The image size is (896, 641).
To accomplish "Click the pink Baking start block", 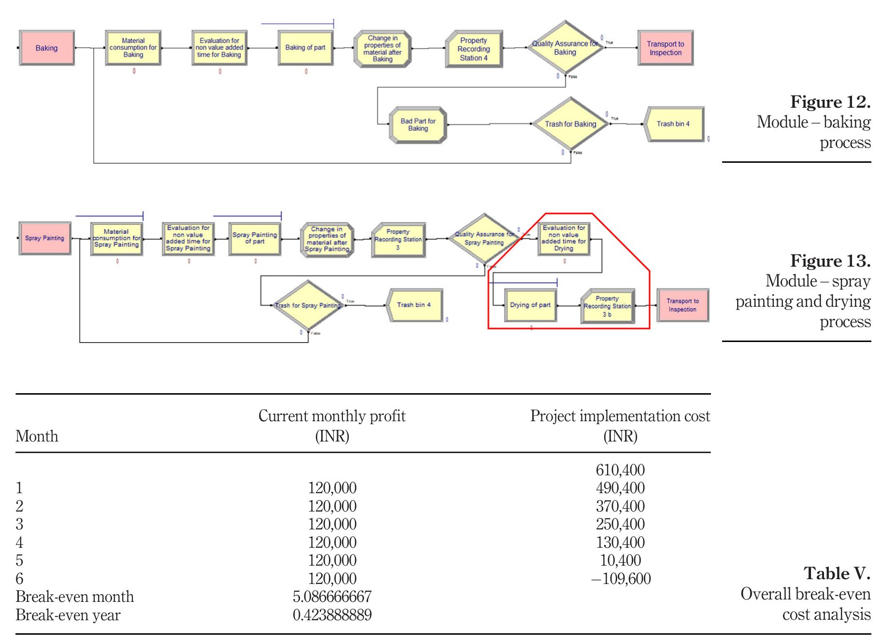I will pyautogui.click(x=46, y=48).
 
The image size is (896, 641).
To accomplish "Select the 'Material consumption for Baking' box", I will pyautogui.click(x=133, y=48).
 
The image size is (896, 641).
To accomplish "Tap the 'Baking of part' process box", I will pyautogui.click(x=305, y=48).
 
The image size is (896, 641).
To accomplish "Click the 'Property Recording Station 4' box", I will pyautogui.click(x=473, y=49).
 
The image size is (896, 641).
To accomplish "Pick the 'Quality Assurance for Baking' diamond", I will pyautogui.click(x=565, y=48).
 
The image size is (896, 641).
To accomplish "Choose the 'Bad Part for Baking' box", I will pyautogui.click(x=418, y=125).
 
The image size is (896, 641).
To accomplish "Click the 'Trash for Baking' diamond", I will pyautogui.click(x=570, y=124).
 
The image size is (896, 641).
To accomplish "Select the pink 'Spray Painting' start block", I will pyautogui.click(x=44, y=238).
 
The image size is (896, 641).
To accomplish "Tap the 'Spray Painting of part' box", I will pyautogui.click(x=255, y=238).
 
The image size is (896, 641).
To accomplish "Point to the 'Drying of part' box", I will pyautogui.click(x=530, y=305).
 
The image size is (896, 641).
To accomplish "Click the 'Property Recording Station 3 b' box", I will pyautogui.click(x=607, y=306).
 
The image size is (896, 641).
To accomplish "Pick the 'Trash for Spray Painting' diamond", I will pyautogui.click(x=308, y=305).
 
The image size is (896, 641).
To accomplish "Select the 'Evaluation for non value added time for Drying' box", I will pyautogui.click(x=564, y=238).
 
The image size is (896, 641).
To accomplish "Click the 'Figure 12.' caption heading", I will pyautogui.click(x=830, y=102).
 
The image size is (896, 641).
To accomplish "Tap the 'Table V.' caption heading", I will pyautogui.click(x=837, y=573).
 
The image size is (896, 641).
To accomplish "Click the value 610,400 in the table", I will pyautogui.click(x=620, y=470).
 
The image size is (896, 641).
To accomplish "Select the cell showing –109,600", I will pyautogui.click(x=621, y=578).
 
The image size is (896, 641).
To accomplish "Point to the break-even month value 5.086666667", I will pyautogui.click(x=332, y=597).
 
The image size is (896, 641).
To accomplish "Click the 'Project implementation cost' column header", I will pyautogui.click(x=620, y=426).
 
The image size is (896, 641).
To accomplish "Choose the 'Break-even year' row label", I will pyautogui.click(x=68, y=615).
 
